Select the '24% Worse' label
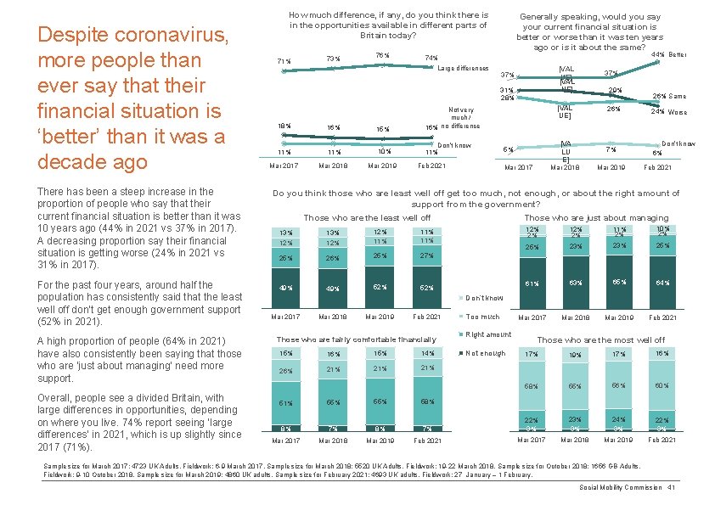(x=669, y=112)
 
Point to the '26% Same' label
(x=669, y=96)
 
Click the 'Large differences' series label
(x=464, y=68)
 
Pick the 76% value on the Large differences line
(x=382, y=55)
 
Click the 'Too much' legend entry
(x=482, y=317)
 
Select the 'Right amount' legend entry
(x=487, y=334)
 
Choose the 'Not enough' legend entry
(x=485, y=353)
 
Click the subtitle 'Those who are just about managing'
(x=597, y=218)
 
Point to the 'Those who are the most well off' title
(x=601, y=340)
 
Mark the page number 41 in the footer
(x=671, y=487)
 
